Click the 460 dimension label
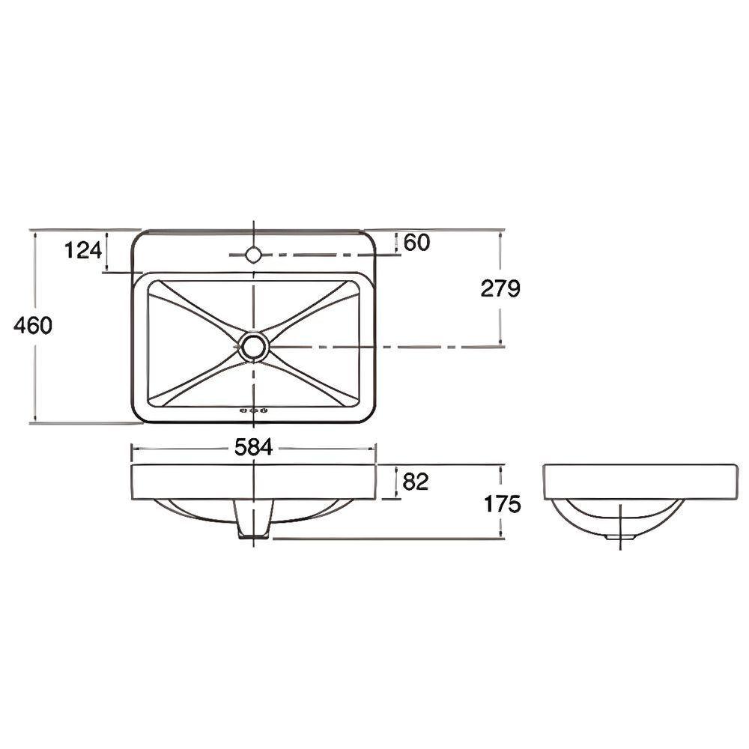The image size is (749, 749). (x=32, y=326)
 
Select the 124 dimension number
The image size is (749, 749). (x=83, y=250)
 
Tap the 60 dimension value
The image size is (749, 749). (x=416, y=242)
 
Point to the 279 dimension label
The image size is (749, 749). (x=500, y=288)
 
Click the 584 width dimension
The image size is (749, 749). (x=254, y=448)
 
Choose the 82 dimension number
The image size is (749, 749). (x=416, y=482)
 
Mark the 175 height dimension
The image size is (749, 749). (x=502, y=504)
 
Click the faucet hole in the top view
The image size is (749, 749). (x=253, y=254)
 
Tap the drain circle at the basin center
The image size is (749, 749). (x=254, y=346)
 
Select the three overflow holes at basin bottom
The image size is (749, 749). (x=254, y=410)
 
